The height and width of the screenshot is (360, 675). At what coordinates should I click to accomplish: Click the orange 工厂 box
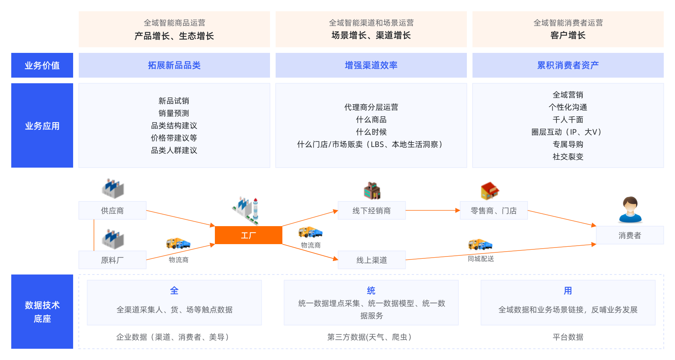(248, 235)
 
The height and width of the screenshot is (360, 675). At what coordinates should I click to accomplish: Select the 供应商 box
(112, 210)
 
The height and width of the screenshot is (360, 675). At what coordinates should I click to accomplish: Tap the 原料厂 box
(112, 260)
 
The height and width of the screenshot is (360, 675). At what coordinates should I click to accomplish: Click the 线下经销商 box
(371, 210)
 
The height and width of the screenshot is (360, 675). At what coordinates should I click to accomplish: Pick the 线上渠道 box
(371, 260)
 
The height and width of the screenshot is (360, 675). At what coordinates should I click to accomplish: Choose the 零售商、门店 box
(493, 210)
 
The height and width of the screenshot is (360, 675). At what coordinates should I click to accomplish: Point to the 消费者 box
(630, 235)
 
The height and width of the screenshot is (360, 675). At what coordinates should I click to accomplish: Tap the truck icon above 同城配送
(480, 244)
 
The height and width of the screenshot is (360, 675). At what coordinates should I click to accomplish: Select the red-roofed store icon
(490, 190)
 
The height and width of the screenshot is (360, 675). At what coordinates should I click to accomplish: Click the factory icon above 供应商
(112, 188)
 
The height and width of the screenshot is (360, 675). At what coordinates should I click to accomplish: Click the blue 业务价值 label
(42, 65)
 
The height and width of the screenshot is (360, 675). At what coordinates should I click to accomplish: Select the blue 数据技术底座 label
(42, 312)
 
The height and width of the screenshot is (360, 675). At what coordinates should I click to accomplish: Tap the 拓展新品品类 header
(174, 65)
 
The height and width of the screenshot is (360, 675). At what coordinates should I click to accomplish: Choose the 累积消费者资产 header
(568, 65)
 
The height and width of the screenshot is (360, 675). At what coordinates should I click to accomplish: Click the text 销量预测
(174, 113)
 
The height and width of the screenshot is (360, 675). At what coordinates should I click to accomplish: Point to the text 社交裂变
(568, 157)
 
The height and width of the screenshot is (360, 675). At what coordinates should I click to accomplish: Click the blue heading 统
(371, 291)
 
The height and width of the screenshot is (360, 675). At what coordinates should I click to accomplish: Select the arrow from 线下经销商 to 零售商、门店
(433, 210)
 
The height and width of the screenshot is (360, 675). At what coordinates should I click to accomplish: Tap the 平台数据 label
(568, 337)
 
